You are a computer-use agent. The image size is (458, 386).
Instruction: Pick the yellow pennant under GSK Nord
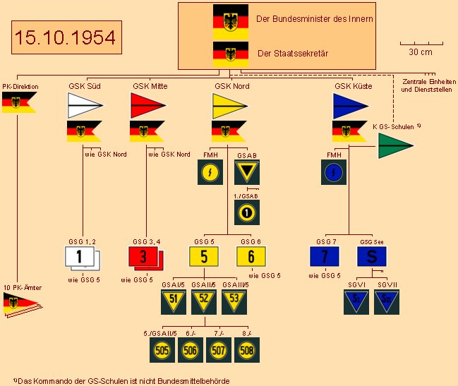click(230, 106)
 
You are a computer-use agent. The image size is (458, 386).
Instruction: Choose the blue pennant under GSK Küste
click(351, 106)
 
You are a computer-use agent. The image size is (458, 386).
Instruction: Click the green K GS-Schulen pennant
click(394, 145)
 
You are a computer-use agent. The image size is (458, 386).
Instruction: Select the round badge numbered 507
click(219, 349)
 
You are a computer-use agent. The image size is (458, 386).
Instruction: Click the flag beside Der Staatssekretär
click(230, 54)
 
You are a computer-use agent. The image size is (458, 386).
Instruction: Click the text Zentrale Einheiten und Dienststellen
click(426, 86)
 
